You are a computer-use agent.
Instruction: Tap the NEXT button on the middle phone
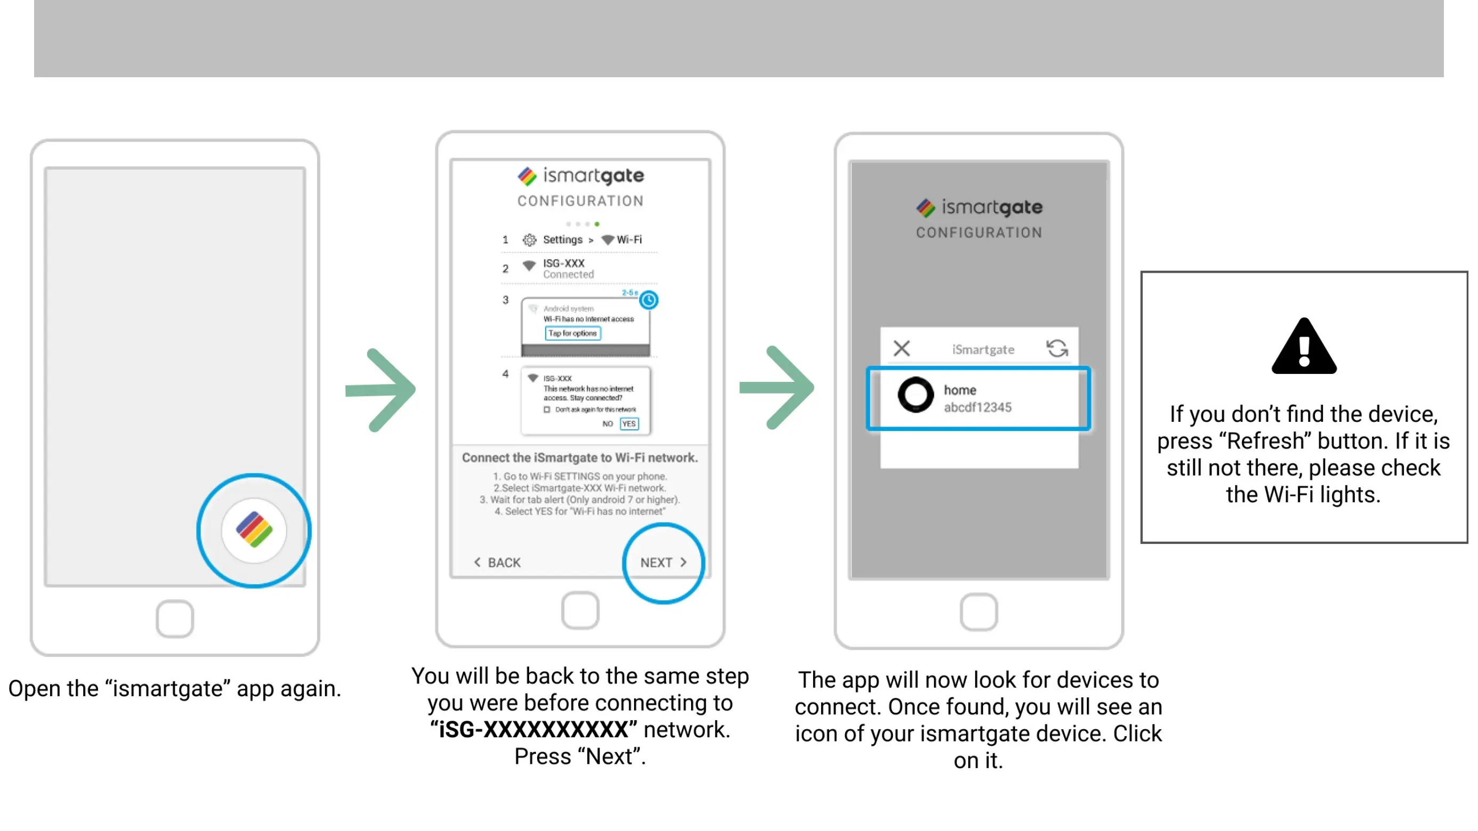point(663,562)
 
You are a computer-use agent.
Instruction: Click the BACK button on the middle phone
point(498,562)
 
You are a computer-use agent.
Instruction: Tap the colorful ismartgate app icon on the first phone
point(254,530)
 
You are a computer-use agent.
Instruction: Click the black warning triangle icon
point(1304,347)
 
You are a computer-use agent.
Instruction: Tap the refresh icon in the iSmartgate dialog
point(1057,348)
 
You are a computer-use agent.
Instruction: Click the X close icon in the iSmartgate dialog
point(902,348)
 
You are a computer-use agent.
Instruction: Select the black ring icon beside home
point(915,395)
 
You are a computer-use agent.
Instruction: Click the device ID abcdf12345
point(978,407)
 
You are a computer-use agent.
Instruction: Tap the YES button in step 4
point(629,424)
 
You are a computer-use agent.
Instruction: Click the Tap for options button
point(572,333)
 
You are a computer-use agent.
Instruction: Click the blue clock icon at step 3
point(648,300)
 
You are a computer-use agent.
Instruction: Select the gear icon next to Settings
point(529,240)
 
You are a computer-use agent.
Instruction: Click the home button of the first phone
point(174,618)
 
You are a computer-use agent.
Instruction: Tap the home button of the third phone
point(978,612)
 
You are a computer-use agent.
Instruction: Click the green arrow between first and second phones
point(381,390)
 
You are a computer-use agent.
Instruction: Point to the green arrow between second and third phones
point(777,388)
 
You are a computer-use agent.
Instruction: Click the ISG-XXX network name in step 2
point(563,263)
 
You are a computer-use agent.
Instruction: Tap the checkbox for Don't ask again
point(546,410)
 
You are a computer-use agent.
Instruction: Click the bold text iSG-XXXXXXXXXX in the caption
point(533,729)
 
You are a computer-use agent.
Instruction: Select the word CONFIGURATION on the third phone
point(979,232)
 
